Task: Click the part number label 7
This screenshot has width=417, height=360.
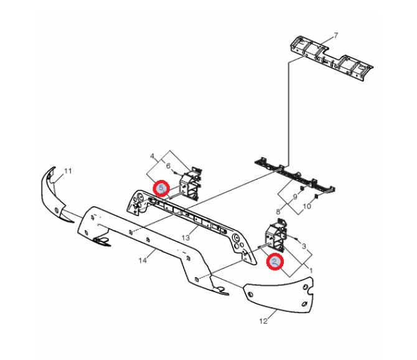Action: tap(336, 35)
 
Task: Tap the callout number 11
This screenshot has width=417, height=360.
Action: tap(68, 171)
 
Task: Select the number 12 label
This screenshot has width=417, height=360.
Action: tap(263, 321)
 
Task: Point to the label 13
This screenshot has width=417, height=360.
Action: tap(185, 237)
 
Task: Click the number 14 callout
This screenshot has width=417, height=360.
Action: tap(143, 260)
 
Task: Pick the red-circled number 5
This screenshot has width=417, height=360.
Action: tap(161, 187)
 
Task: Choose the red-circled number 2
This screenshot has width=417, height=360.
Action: tap(275, 262)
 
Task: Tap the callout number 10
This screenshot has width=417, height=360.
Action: tap(307, 206)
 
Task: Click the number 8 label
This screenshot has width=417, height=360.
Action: tap(278, 212)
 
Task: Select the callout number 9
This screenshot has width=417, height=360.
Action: tap(295, 197)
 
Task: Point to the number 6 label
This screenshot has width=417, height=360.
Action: tap(168, 166)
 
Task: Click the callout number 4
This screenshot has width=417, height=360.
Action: tap(152, 156)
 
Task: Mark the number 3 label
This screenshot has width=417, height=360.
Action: tap(304, 246)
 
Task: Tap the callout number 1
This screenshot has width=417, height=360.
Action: tap(311, 270)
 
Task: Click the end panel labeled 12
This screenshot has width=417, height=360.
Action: tap(279, 294)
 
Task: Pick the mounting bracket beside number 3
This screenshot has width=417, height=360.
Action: tap(276, 235)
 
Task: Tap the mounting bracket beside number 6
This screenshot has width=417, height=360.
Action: tap(190, 184)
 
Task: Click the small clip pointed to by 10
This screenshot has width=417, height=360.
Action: tap(316, 197)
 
